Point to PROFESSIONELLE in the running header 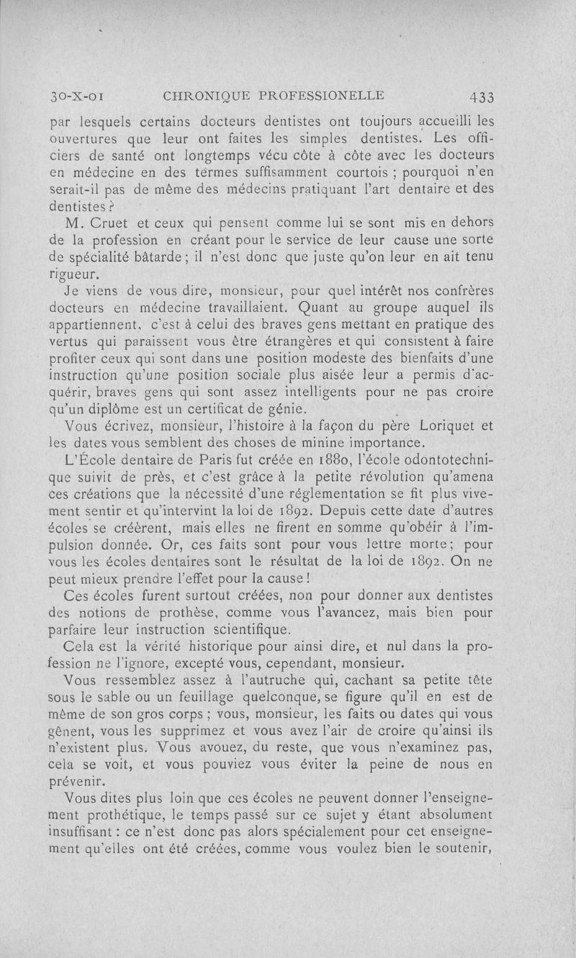point(318,94)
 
